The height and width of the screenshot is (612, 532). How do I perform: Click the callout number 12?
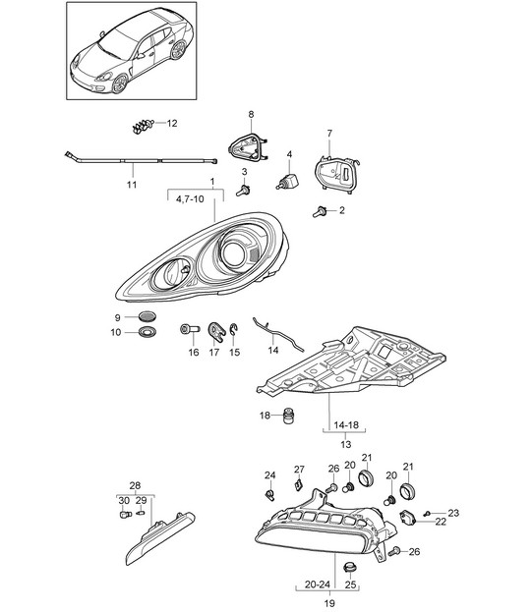point(172,124)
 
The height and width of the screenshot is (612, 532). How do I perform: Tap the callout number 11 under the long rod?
point(132,185)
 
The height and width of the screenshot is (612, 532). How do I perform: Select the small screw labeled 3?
point(243,191)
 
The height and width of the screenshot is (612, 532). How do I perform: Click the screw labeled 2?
point(320,211)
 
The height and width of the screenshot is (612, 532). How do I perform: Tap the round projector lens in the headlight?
point(233,253)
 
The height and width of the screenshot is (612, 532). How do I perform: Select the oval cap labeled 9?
point(148,315)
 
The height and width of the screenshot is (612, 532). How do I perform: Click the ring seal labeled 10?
point(148,332)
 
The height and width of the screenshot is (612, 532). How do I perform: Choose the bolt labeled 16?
point(190,329)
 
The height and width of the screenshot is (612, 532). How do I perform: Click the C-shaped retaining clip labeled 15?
point(234,330)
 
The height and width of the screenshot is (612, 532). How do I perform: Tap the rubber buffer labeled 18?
point(288,416)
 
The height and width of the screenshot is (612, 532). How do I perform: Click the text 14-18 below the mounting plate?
point(346,424)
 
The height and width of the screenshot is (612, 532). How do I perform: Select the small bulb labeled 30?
point(125,515)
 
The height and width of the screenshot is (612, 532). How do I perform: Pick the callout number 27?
point(299,470)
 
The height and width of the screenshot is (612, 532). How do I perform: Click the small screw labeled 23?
point(428,513)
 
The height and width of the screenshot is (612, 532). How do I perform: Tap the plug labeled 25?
point(349,568)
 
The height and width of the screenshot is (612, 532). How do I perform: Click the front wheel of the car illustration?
point(120,83)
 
